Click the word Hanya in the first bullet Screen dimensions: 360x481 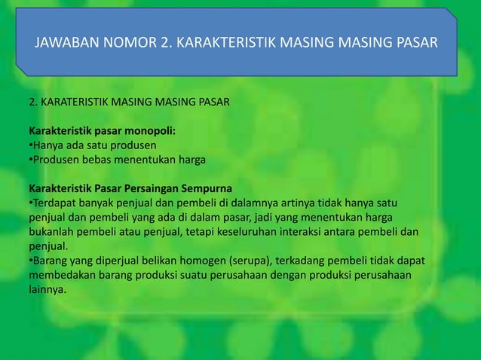[48, 145]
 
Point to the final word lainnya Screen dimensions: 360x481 [47, 288]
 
